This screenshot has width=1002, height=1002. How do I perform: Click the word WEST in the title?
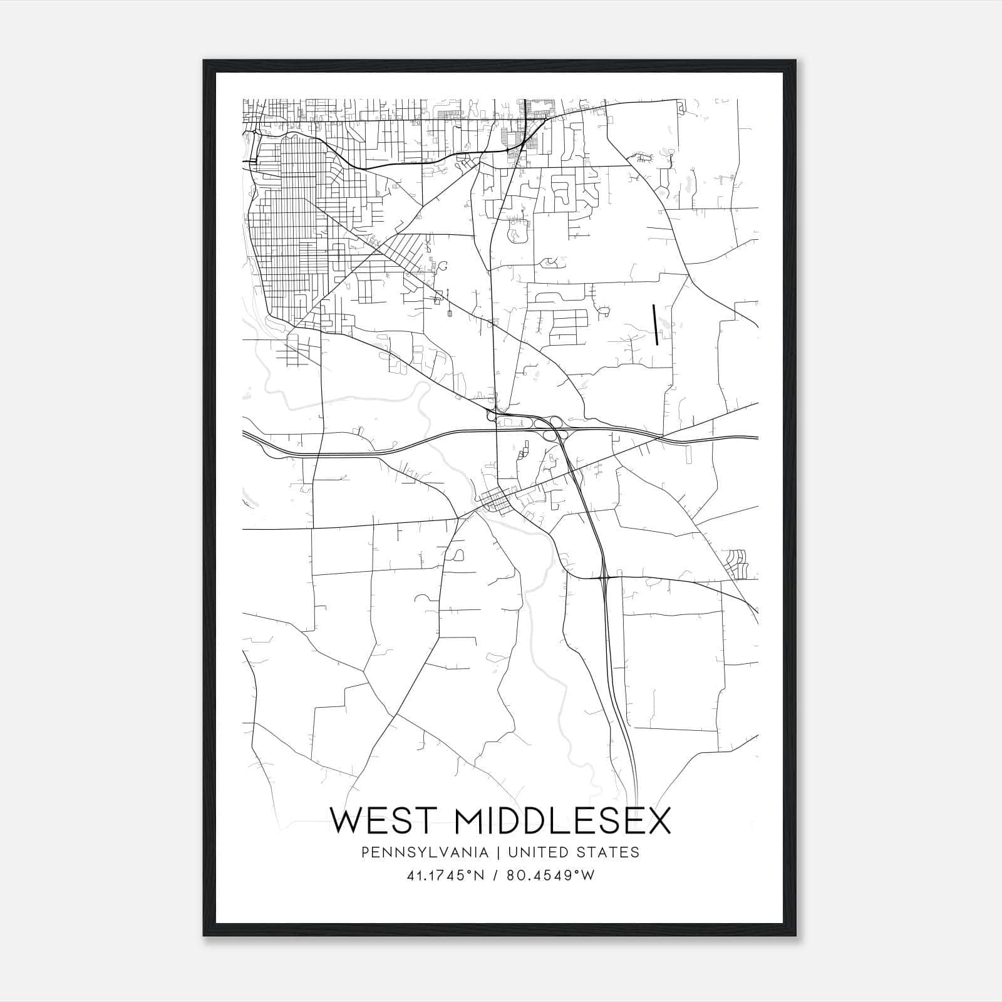(385, 821)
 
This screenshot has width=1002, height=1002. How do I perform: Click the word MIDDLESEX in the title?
(563, 821)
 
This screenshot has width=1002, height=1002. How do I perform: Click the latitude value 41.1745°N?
(444, 875)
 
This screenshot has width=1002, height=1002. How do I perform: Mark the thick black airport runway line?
(655, 324)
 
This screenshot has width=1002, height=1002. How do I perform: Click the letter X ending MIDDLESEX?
(658, 821)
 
